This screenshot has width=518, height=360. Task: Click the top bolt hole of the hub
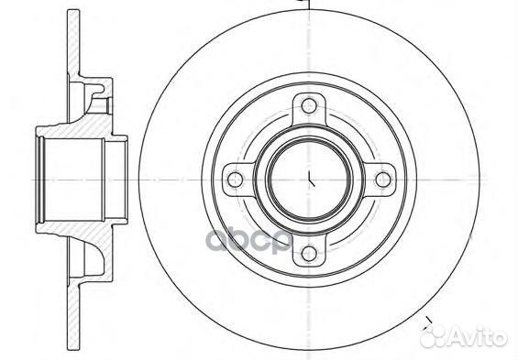pyautogui.click(x=309, y=105)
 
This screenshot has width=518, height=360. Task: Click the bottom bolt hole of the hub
pyautogui.click(x=309, y=254)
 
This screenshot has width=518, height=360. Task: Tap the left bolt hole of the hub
pyautogui.click(x=236, y=180)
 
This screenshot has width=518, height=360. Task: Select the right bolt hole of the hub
pyautogui.click(x=383, y=180)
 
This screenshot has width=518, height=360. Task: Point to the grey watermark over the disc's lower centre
pyautogui.click(x=248, y=241)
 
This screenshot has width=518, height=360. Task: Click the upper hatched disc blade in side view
pyautogui.click(x=73, y=43)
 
